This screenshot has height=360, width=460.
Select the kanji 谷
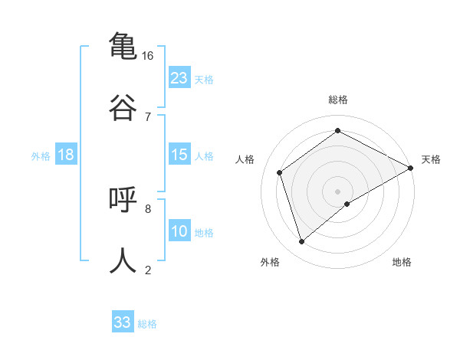coord(123,106)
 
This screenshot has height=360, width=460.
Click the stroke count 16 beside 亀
coord(148,56)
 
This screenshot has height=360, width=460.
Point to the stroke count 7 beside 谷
coord(148,116)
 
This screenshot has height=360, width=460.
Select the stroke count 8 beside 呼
coord(148,208)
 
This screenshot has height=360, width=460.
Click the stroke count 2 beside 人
coord(148,270)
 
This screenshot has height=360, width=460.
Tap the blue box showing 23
coord(179,77)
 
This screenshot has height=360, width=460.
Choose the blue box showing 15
coord(179,155)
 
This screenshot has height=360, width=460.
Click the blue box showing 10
coord(179,231)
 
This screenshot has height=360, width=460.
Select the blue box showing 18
coord(66,155)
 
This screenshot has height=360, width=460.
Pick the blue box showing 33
coord(123,322)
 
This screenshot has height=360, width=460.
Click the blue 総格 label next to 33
coord(147,324)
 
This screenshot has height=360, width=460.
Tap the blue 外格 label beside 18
coord(41,156)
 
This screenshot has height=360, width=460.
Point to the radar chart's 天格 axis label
coord(431,159)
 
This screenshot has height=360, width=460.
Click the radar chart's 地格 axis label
coord(402,262)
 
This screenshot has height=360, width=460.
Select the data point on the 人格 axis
coord(280,172)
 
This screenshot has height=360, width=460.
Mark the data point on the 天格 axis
coord(411,168)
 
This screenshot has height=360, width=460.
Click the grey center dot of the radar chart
coord(338,191)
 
